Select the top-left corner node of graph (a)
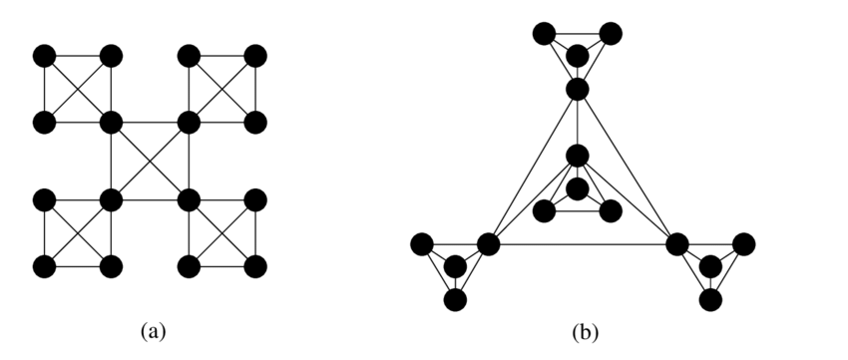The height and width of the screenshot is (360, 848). [x=43, y=54]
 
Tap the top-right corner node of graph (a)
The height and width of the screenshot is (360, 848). [x=255, y=54]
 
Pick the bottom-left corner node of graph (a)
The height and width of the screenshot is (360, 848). [x=43, y=266]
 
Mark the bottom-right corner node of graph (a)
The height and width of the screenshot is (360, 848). [x=255, y=266]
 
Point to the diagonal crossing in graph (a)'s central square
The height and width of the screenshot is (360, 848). [x=149, y=161]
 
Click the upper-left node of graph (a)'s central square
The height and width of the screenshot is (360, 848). [x=110, y=123]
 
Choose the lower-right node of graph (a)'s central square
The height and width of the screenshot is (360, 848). [x=188, y=199]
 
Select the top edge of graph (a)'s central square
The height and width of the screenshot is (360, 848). [x=149, y=123]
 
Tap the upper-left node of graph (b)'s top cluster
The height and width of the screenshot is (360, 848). [x=545, y=33]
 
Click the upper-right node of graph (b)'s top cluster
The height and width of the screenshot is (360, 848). [x=610, y=33]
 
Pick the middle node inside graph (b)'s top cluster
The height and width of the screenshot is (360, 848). [x=577, y=55]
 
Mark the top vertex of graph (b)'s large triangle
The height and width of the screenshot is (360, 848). [x=577, y=91]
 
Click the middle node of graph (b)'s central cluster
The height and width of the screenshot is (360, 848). [x=577, y=188]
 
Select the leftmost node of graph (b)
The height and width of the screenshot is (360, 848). [x=421, y=243]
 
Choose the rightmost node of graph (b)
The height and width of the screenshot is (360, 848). [x=743, y=243]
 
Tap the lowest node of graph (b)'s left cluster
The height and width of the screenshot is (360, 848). [x=456, y=299]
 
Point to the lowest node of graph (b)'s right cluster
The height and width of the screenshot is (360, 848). [x=710, y=299]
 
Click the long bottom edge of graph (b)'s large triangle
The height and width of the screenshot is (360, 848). [x=582, y=243]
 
